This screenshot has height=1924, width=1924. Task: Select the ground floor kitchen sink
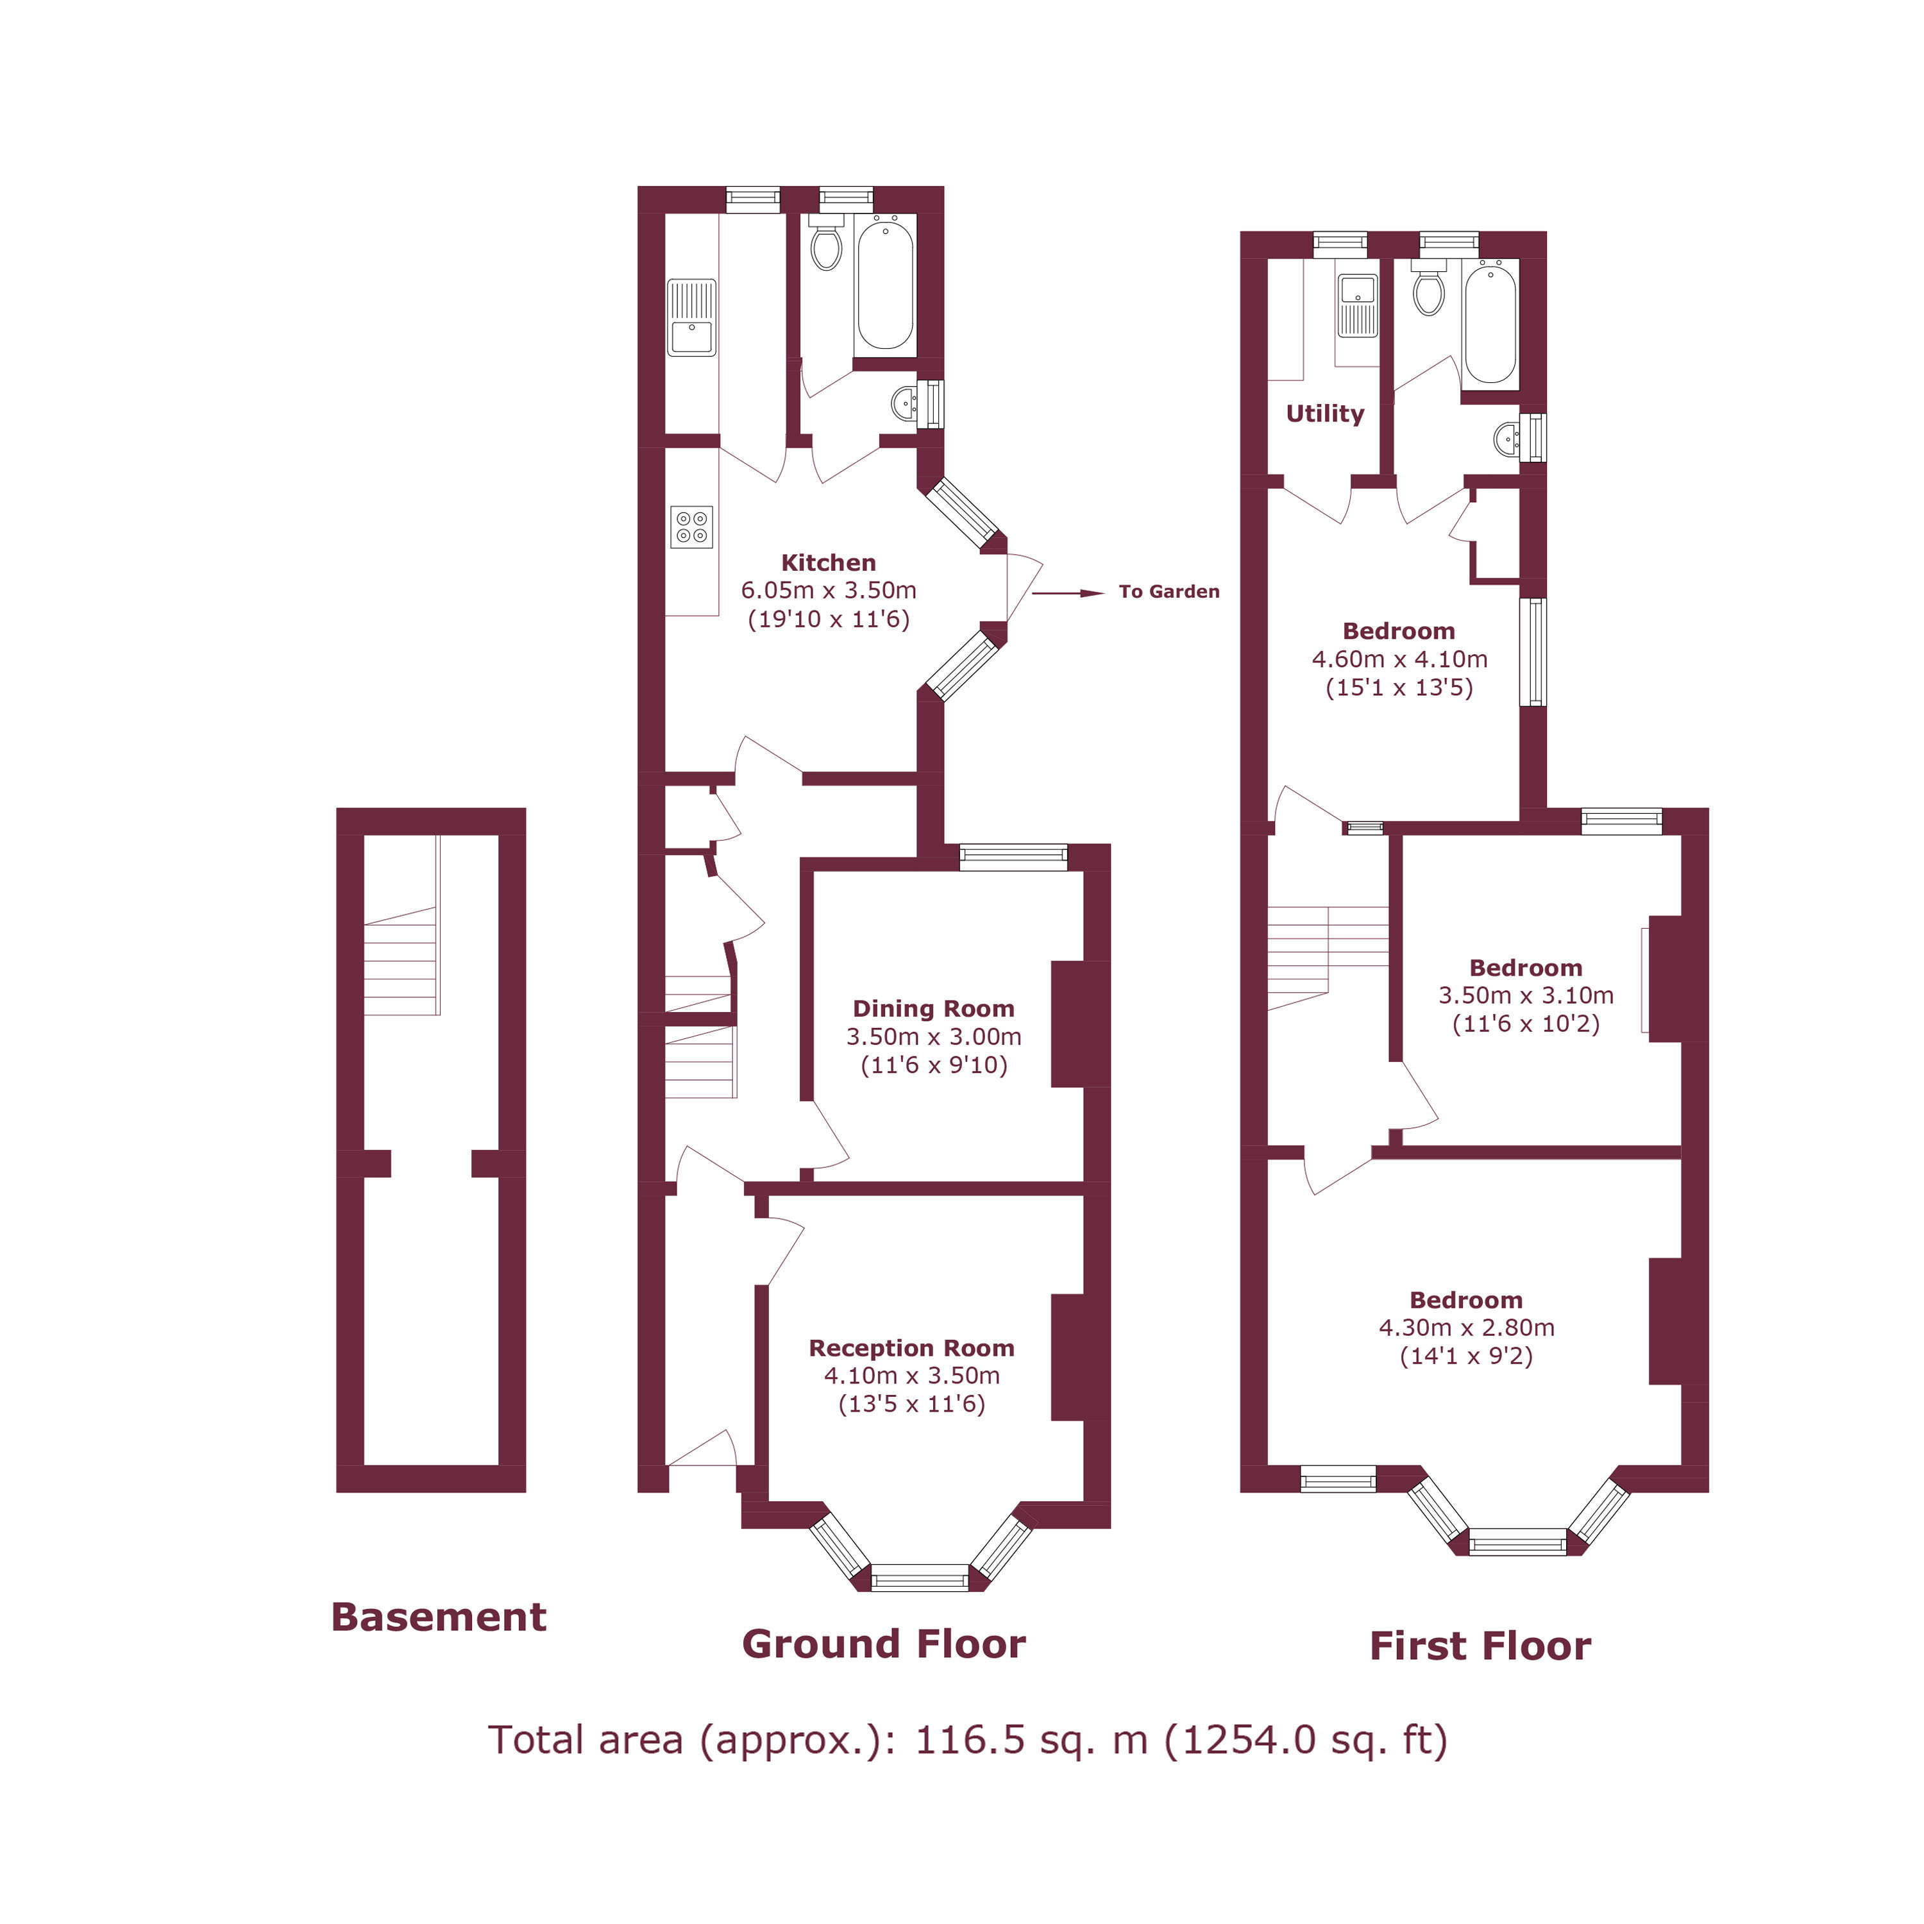691,317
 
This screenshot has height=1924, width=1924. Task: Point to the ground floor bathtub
885,285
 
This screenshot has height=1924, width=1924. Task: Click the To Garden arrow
1068,593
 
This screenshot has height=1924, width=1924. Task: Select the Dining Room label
933,1009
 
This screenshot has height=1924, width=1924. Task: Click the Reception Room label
911,1348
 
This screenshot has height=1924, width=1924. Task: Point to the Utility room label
1324,413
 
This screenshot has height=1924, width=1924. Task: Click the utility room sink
1357,305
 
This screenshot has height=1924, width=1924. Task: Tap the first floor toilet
1429,288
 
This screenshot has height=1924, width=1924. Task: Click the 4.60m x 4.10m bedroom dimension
1399,659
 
